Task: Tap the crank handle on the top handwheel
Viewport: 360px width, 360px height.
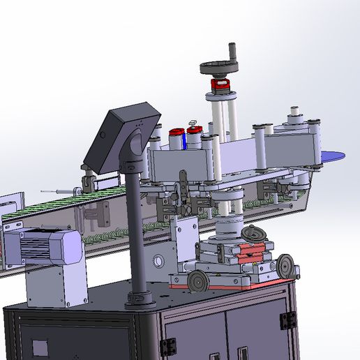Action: pos(232,53)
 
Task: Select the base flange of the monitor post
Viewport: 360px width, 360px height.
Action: pos(140,300)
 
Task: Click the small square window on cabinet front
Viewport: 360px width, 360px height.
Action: pos(39,347)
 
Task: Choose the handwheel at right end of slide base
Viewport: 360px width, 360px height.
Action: pos(285,265)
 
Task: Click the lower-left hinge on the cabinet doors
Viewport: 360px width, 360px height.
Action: pos(167,347)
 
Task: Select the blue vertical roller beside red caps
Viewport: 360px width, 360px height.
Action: pos(183,140)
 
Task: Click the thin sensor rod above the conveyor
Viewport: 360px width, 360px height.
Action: pos(56,190)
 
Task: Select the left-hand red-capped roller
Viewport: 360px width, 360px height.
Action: pos(174,132)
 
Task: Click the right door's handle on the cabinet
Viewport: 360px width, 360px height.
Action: pos(242,353)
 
